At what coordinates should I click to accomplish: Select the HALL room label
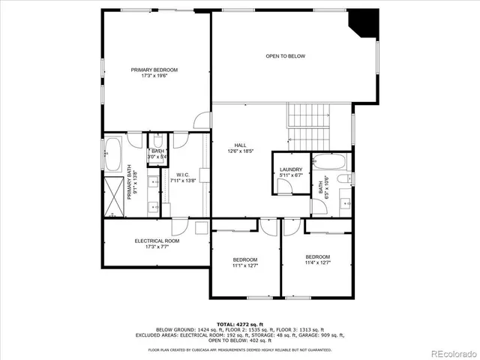pyautogui.click(x=240, y=148)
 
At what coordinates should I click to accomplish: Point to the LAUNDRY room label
pyautogui.click(x=290, y=172)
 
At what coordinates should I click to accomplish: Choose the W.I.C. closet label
pyautogui.click(x=183, y=178)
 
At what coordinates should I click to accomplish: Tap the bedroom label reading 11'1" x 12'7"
pyautogui.click(x=244, y=262)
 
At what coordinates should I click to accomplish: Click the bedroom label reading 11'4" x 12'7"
pyautogui.click(x=317, y=259)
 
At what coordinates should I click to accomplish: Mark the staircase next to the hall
pyautogui.click(x=307, y=127)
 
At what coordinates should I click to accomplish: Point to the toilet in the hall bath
pyautogui.click(x=346, y=179)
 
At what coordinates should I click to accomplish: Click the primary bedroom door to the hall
pyautogui.click(x=202, y=120)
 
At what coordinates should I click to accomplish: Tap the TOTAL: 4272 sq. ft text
pyautogui.click(x=239, y=323)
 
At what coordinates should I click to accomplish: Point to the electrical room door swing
pyautogui.click(x=180, y=226)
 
